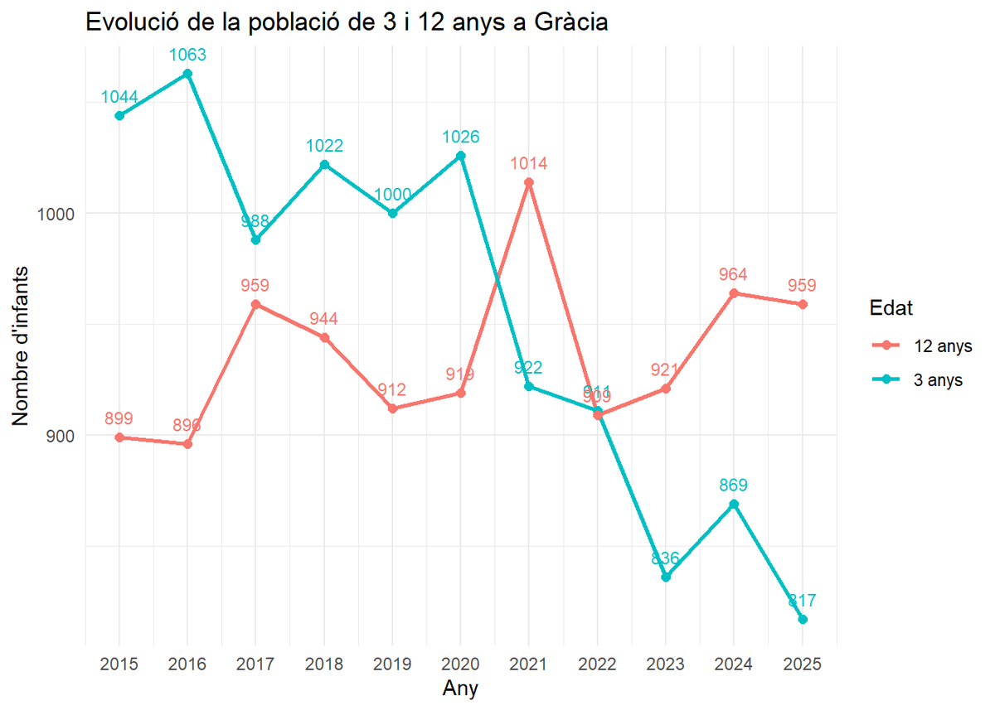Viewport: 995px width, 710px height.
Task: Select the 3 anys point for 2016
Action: coord(187,74)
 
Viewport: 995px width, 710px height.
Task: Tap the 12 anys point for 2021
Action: coord(529,182)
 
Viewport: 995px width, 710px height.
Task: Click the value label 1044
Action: coord(119,97)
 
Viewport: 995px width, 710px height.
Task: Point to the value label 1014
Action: coord(529,163)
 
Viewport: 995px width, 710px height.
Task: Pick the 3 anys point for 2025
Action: coord(803,620)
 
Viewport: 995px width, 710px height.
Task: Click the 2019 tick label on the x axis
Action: coord(392,664)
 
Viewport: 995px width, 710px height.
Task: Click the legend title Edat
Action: coord(891,308)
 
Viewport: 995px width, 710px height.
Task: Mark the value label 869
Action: coord(734,485)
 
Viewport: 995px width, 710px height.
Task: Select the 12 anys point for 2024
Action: coord(734,293)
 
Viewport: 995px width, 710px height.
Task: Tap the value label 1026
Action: coord(461,137)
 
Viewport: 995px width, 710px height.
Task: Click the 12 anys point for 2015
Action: coord(119,437)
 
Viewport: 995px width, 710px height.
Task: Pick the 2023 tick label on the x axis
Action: coord(666,664)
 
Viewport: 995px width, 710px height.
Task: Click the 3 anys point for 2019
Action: coord(393,213)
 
